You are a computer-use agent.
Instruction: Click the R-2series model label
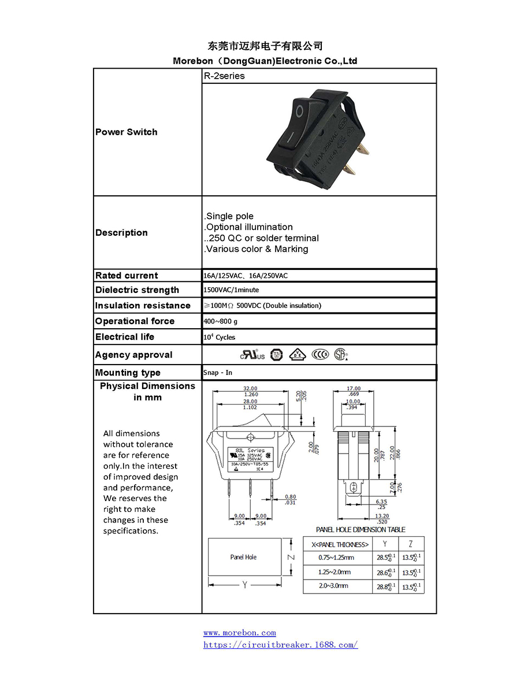(224, 76)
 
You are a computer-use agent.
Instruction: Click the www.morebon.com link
(239, 633)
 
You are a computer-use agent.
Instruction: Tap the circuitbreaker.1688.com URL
(280, 644)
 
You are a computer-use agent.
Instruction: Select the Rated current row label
(127, 276)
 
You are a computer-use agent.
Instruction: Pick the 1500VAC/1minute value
(231, 290)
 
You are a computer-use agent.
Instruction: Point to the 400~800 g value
(220, 321)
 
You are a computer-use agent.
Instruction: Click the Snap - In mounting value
(218, 373)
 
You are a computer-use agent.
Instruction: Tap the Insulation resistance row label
(143, 306)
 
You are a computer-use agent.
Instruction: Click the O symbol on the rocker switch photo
(299, 111)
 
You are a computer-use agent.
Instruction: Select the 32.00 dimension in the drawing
(251, 389)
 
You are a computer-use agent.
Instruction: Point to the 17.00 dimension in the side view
(353, 389)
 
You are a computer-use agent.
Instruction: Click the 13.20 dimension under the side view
(382, 516)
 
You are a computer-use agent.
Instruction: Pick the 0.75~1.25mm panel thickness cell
(336, 558)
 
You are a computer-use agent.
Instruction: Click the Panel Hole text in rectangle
(243, 557)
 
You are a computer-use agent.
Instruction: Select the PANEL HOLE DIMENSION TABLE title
(361, 529)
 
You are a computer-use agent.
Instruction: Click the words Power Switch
(127, 132)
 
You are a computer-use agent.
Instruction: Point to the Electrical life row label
(125, 337)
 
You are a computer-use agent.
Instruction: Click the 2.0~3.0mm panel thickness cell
(333, 586)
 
